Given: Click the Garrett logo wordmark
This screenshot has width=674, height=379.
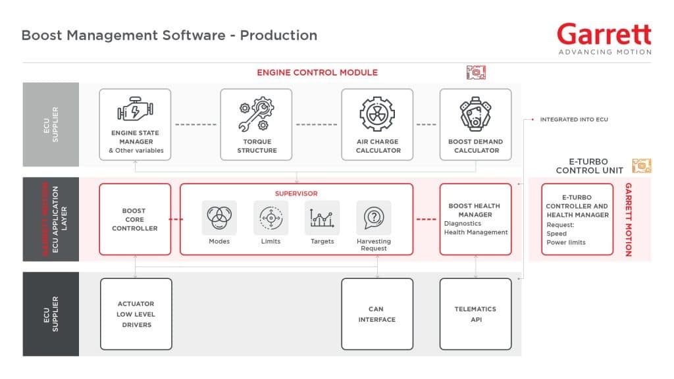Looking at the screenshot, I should tap(604, 34).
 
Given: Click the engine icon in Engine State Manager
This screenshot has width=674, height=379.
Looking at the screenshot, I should tap(135, 110).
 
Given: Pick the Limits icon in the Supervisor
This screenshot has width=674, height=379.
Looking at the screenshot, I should tap(271, 217).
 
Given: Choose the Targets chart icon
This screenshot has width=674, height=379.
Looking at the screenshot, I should tap(322, 217).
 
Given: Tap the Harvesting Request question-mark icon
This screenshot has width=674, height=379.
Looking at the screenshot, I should tap(373, 217).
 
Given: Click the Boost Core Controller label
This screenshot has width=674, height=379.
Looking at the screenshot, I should tap(134, 219).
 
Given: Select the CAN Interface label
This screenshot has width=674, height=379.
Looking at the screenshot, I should tap(377, 314).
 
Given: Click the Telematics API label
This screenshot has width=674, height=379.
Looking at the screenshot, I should tap(475, 314).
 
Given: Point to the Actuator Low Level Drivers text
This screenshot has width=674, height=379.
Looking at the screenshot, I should tap(136, 314).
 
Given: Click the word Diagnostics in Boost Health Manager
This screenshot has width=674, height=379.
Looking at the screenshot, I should tap(463, 223).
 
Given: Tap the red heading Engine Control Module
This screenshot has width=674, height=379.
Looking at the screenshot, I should tap(317, 72).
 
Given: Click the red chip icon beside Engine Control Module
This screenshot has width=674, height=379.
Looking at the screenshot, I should tap(475, 72).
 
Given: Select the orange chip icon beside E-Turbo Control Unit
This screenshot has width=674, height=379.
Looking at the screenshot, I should tap(641, 166).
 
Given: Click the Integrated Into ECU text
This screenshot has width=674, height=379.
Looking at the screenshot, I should tap(574, 120).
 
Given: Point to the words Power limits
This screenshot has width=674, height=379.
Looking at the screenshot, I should tap(565, 242).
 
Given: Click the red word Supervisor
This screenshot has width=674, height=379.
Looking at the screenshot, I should tap(296, 193).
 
